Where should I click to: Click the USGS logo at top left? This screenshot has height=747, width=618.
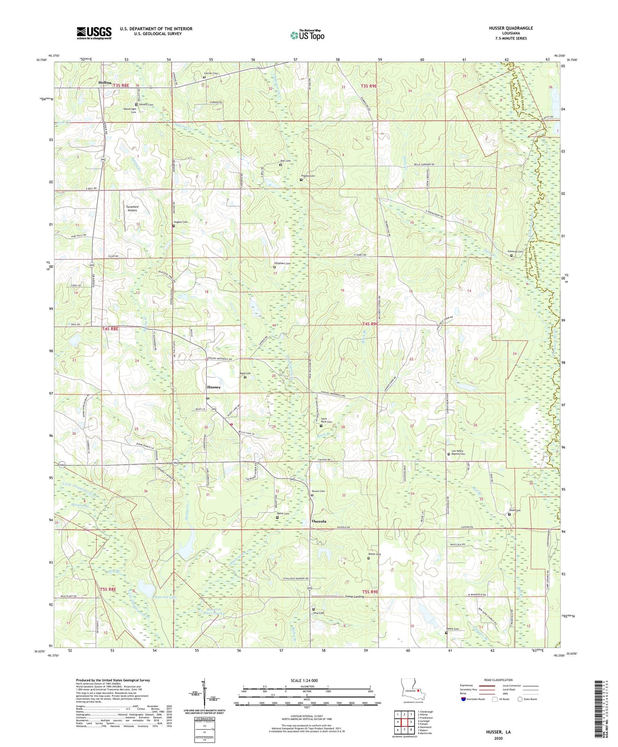(x=94, y=33)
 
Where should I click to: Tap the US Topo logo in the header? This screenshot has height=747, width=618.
(x=307, y=35)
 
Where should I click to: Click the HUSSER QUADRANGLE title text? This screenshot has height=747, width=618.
(x=511, y=28)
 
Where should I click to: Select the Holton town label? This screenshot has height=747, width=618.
(x=104, y=83)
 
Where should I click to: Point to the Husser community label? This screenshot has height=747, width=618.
(x=213, y=387)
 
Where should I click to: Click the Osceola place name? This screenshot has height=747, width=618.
(x=318, y=521)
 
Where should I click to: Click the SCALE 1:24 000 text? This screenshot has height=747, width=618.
(x=305, y=681)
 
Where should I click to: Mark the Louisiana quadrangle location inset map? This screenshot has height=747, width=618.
(x=412, y=689)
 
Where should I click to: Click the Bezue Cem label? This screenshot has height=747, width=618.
(x=374, y=554)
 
